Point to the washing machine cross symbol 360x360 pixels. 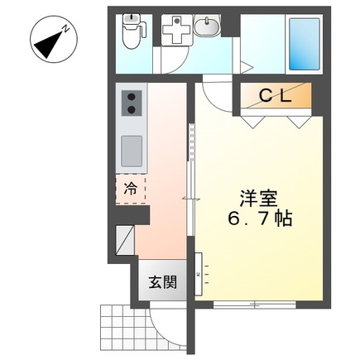pos(175,32)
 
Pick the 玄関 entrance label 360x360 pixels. pos(163,282)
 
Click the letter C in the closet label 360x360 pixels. pos(266,96)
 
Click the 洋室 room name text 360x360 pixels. pos(259,199)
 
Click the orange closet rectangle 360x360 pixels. pos(276,97)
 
